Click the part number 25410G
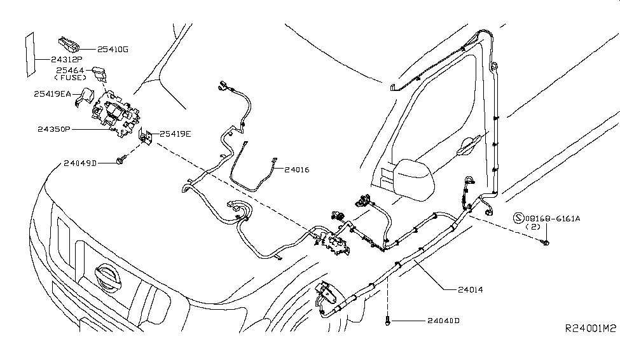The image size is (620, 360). [x=113, y=48]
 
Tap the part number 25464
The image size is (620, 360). [x=71, y=70]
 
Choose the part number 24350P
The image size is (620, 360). [x=54, y=128]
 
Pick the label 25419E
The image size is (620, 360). [x=175, y=134]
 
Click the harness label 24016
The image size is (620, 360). [x=297, y=170]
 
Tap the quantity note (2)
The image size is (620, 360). [x=535, y=226]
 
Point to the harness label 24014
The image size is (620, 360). [x=470, y=289]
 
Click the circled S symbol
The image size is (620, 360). [x=518, y=218]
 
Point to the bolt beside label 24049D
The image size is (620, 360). [x=120, y=163]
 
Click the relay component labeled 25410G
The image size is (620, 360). [x=68, y=43]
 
